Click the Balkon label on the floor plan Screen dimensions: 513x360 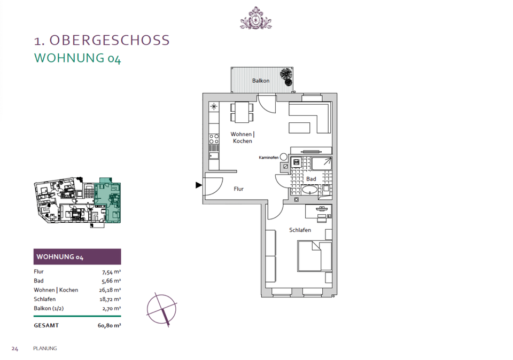pyautogui.click(x=261, y=81)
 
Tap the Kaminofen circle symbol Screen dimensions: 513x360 pyautogui.click(x=283, y=158)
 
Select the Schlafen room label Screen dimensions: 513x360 pyautogui.click(x=300, y=230)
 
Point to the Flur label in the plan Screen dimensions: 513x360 pyautogui.click(x=239, y=189)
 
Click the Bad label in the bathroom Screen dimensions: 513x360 pyautogui.click(x=311, y=179)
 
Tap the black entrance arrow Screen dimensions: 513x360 pyautogui.click(x=199, y=185)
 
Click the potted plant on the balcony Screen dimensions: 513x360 pyautogui.click(x=287, y=76)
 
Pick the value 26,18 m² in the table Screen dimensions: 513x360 pyautogui.click(x=110, y=290)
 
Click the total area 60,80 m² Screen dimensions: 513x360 pyautogui.click(x=109, y=325)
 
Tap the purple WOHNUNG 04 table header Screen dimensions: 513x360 pyautogui.click(x=77, y=257)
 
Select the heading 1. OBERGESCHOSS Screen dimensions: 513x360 pyautogui.click(x=102, y=40)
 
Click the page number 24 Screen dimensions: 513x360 pyautogui.click(x=15, y=348)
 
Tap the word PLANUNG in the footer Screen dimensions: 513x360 pyautogui.click(x=45, y=348)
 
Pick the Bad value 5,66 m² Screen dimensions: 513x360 pyautogui.click(x=111, y=281)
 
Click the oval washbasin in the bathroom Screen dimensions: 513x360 pyautogui.click(x=309, y=189)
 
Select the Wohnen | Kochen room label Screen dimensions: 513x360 pyautogui.click(x=242, y=137)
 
